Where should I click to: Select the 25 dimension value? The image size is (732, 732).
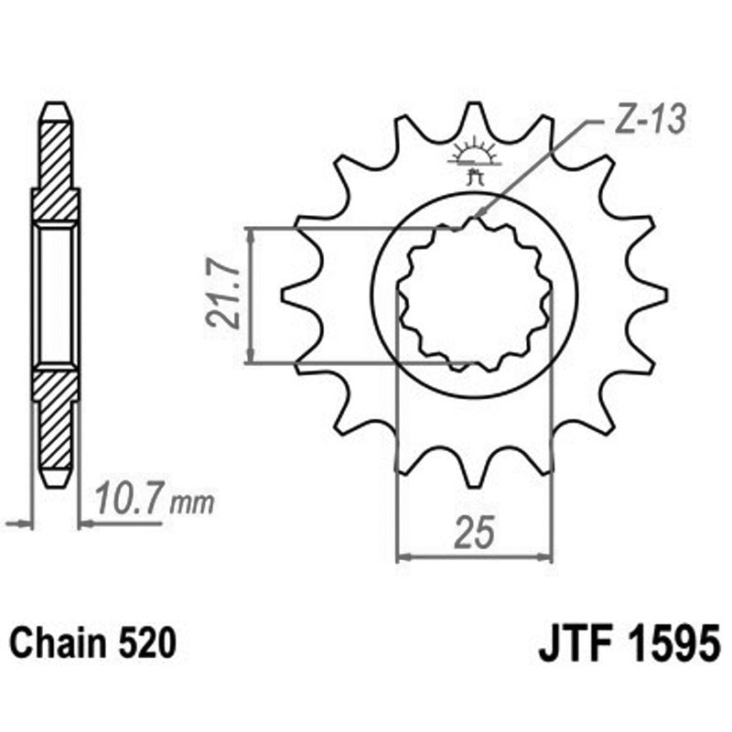click(x=473, y=532)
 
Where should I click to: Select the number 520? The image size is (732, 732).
click(x=146, y=643)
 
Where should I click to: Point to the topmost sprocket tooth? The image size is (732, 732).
click(x=473, y=114)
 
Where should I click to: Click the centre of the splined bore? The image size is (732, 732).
click(x=474, y=295)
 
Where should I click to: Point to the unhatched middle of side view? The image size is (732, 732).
click(x=56, y=295)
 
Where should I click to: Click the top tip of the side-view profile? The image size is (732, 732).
click(x=56, y=105)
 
